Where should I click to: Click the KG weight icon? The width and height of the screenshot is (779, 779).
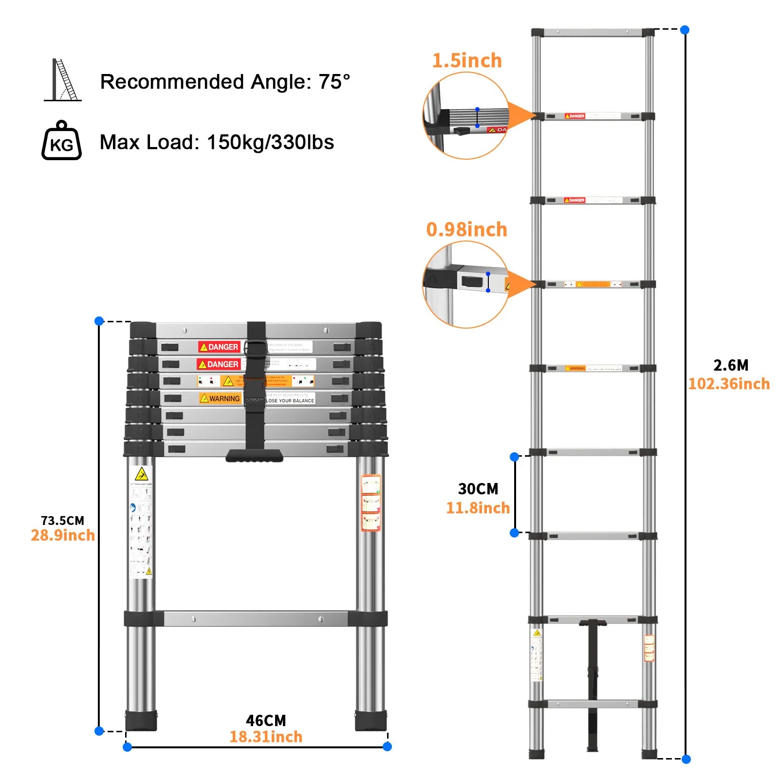pos(61,141)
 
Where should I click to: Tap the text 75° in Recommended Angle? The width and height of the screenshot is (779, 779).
pos(334,82)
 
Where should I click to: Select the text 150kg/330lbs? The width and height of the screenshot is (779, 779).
pos(270,143)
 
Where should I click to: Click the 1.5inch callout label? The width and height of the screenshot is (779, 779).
pos(466,61)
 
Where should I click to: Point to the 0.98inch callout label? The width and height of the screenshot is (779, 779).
pos(466,229)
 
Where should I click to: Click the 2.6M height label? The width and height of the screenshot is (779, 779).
pos(730,365)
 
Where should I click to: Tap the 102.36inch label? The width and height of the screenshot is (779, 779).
pos(728,384)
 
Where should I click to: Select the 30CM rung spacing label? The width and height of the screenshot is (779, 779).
pos(478,489)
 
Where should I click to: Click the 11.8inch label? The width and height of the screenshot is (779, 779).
pos(478,508)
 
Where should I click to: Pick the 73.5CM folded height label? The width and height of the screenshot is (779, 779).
pos(62,520)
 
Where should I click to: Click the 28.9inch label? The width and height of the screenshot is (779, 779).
pos(62,536)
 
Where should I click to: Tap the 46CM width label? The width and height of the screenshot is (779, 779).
pos(266,721)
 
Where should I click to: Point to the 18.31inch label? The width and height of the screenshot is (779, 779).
pos(266,737)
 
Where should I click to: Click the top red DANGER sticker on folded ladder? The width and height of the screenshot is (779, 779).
pos(219,347)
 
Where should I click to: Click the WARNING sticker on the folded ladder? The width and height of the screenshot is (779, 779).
pos(220,398)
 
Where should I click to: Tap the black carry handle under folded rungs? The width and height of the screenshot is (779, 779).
pos(254,456)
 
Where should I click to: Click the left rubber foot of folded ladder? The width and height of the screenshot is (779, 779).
pos(141,721)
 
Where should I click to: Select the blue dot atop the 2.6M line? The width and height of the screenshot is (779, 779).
pos(685,30)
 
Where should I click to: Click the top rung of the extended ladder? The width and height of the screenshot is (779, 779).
pos(593,33)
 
